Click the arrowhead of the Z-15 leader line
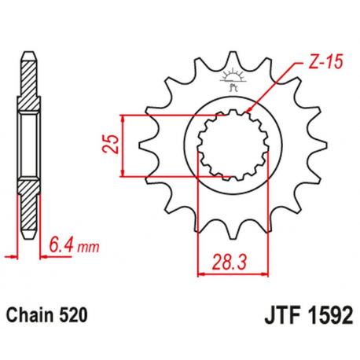pos(249,111)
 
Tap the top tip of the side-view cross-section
pos(28,53)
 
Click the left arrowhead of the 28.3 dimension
pos(200,273)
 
